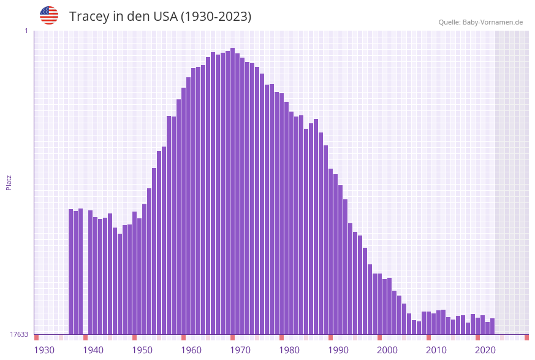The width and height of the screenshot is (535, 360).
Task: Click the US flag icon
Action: [x=49, y=15]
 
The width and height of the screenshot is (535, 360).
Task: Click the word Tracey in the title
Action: [x=89, y=17]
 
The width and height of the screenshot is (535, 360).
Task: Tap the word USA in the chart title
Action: [x=162, y=17]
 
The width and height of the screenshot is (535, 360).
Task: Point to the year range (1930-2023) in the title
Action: [x=216, y=17]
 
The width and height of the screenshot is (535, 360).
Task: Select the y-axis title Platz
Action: [x=9, y=183]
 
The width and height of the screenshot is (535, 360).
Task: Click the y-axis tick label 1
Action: [x=26, y=31]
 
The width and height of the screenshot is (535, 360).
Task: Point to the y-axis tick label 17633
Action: [x=19, y=334]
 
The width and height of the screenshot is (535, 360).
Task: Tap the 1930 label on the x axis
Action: [x=44, y=350]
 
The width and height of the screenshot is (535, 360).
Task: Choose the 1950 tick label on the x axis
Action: [x=142, y=350]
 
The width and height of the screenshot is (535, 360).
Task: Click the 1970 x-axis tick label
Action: [x=240, y=350]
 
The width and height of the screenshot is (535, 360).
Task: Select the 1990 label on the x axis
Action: [x=338, y=350]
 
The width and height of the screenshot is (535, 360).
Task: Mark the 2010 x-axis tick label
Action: [x=436, y=350]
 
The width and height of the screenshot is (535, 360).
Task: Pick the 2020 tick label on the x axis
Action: [x=485, y=350]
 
